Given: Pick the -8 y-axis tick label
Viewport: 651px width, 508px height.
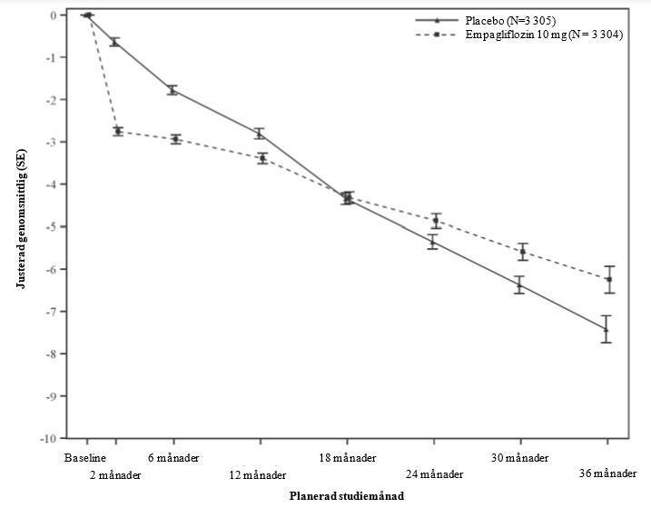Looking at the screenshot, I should (54, 354).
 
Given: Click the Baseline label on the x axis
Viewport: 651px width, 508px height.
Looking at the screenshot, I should (86, 456).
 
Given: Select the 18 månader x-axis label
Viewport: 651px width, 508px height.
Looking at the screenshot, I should (346, 456).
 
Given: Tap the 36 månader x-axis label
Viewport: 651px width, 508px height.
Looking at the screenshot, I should (607, 474).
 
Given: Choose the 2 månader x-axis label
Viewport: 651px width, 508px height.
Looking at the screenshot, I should (116, 474).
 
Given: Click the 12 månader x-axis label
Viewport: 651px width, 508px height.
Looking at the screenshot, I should (259, 474).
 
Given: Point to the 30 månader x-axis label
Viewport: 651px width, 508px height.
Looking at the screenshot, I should (520, 456).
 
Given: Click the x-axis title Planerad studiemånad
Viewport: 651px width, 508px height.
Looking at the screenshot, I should (348, 497).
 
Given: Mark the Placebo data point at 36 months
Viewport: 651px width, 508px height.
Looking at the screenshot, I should (607, 328).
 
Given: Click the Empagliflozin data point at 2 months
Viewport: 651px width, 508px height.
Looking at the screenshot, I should (118, 132).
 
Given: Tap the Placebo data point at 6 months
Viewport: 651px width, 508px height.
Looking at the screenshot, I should (172, 90).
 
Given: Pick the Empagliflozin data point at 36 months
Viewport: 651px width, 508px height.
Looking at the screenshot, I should (608, 279).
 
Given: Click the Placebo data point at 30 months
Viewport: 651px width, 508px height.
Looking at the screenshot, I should (519, 285).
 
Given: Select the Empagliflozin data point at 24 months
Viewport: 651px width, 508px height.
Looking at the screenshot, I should (436, 221).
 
